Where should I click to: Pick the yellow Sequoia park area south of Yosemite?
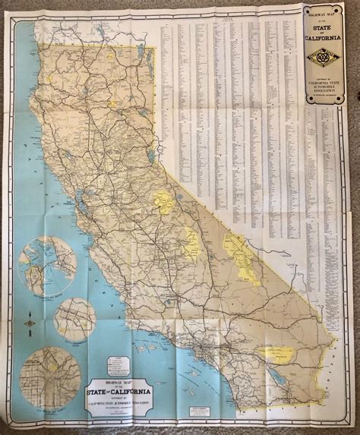tap(192, 244)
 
